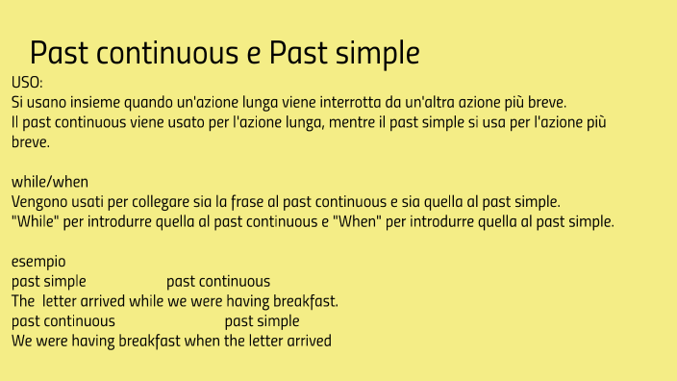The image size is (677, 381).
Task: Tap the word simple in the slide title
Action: pyautogui.click(x=373, y=53)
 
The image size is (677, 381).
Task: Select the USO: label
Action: pyautogui.click(x=27, y=84)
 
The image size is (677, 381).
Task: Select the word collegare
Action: pyautogui.click(x=152, y=201)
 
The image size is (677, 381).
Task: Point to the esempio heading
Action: pyautogui.click(x=38, y=262)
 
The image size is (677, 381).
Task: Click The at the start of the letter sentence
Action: pyautogui.click(x=23, y=301)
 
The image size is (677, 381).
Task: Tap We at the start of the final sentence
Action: pyautogui.click(x=22, y=341)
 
